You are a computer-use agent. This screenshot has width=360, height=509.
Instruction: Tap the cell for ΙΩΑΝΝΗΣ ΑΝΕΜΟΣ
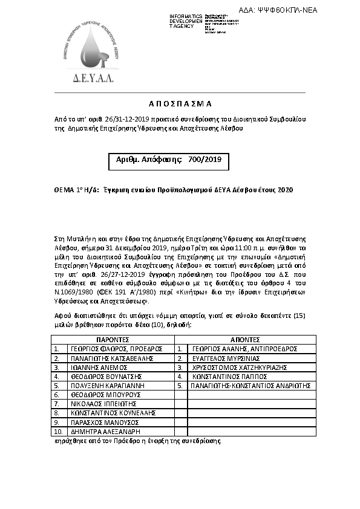coord(97,367)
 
